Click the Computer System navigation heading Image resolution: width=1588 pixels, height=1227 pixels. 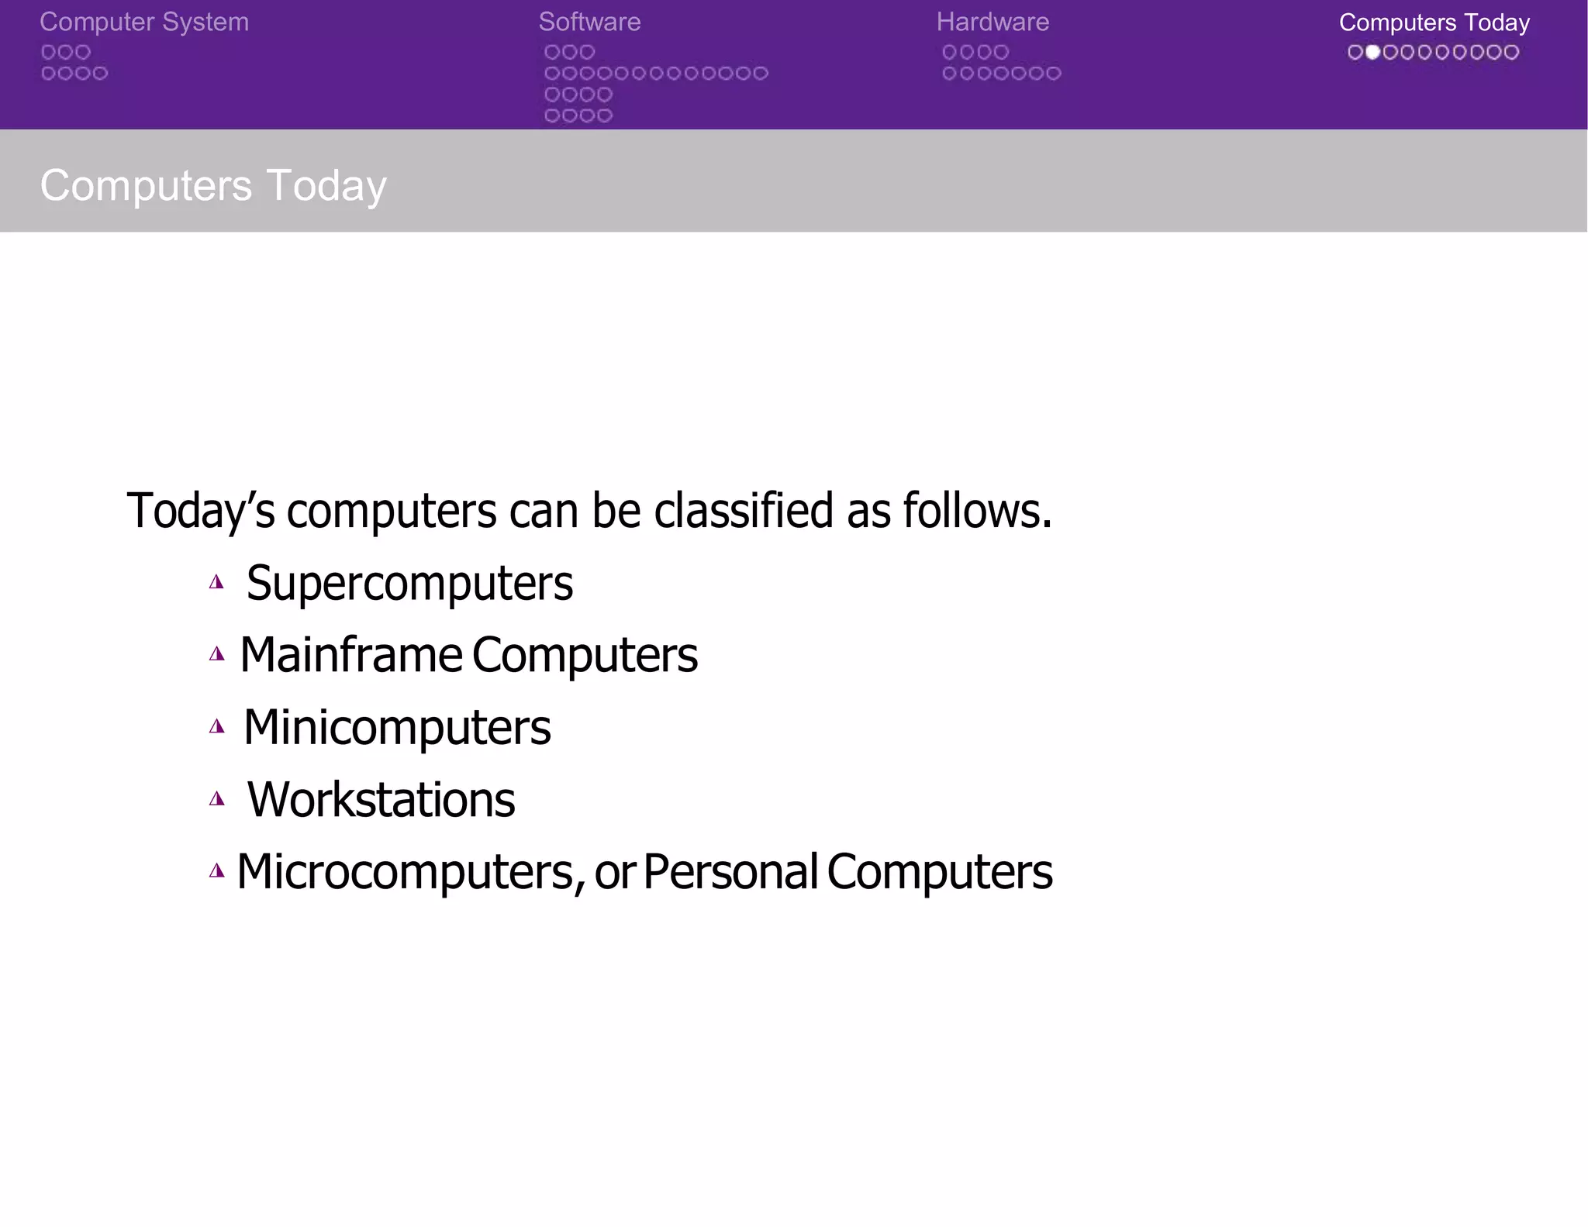coord(144,22)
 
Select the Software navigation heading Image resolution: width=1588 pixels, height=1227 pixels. coord(589,22)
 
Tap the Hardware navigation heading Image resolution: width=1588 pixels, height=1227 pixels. coord(992,22)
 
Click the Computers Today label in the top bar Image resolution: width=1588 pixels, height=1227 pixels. coord(1434,22)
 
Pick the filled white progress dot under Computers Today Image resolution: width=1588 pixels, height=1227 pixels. coord(1372,52)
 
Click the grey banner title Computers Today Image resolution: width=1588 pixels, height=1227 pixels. coord(213,185)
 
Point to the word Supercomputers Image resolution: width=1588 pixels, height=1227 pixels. coord(409,583)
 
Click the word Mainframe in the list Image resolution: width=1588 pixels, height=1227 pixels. coord(351,655)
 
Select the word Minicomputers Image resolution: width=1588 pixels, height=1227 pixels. coord(397,727)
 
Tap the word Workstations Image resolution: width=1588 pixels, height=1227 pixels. coord(381,799)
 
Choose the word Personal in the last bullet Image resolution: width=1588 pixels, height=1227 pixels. coord(730,872)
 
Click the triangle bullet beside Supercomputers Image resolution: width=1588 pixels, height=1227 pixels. coord(217,582)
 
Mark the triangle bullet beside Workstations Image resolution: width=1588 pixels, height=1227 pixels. coord(217,798)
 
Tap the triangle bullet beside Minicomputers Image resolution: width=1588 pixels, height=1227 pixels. coord(217,726)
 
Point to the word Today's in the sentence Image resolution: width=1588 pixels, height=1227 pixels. coord(201,511)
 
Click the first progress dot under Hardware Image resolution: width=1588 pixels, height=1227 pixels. coord(950,52)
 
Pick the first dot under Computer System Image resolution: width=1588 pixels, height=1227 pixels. coord(48,52)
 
